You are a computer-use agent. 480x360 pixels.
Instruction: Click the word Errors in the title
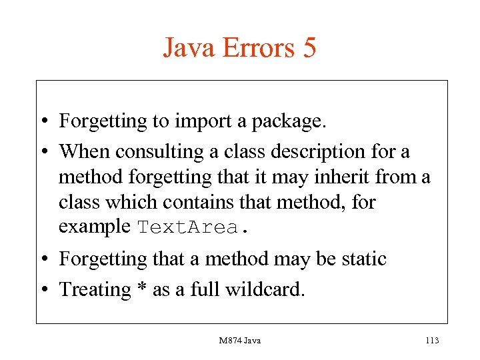253,48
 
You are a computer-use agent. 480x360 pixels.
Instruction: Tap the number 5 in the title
308,48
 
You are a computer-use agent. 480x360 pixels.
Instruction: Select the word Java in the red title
189,48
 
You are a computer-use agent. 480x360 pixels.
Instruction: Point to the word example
95,227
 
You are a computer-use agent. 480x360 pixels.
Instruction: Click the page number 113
431,341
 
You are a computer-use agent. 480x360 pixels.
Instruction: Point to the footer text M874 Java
240,341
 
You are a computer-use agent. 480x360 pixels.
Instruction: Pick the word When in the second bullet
85,152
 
